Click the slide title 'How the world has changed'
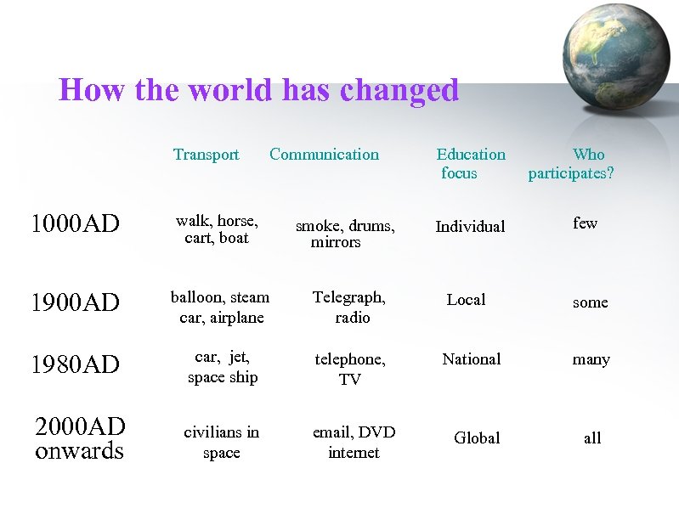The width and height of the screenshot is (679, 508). [x=258, y=90]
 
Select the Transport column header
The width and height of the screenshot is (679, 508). [x=206, y=155]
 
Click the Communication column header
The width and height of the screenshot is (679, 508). [x=324, y=155]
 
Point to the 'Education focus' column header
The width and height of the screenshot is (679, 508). [x=470, y=163]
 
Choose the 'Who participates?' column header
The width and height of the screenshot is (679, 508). [x=571, y=163]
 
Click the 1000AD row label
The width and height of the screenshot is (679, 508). [x=75, y=224]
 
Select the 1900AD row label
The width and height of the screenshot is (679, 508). [x=75, y=302]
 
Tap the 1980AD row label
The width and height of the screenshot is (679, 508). [x=75, y=364]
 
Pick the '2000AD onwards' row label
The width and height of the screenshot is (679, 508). [x=80, y=438]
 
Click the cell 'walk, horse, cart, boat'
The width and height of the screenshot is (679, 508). [x=217, y=229]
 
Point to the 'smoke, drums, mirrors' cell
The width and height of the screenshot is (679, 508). [x=344, y=234]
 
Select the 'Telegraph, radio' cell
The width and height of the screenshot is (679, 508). [x=349, y=308]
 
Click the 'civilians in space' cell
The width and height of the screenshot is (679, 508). [x=222, y=442]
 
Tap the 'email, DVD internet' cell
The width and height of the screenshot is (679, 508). [x=354, y=442]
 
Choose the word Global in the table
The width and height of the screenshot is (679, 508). [x=477, y=438]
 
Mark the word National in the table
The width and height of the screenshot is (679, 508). [x=472, y=359]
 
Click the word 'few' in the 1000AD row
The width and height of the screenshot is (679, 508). [x=585, y=223]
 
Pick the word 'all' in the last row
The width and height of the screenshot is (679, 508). [x=592, y=438]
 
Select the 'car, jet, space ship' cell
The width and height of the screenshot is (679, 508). [x=222, y=367]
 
